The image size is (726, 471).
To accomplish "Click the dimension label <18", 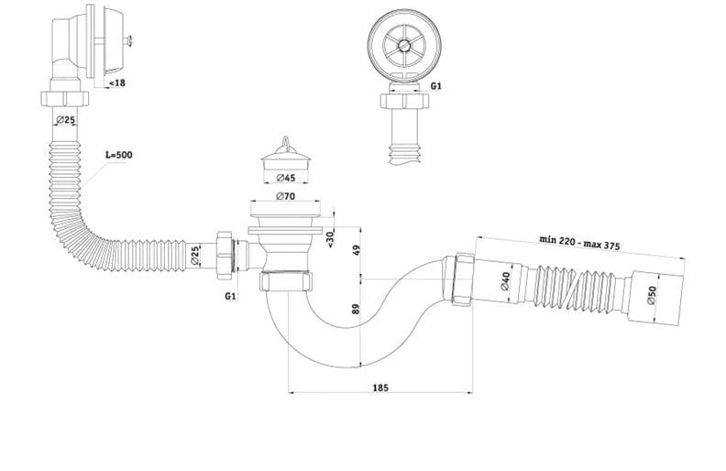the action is (x=116, y=83).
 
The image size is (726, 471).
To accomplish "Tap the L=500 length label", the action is (x=118, y=155).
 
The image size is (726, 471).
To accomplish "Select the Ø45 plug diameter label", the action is (x=286, y=178).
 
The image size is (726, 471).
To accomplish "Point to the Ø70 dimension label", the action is (x=285, y=196).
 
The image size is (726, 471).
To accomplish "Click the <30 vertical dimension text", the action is (x=330, y=239).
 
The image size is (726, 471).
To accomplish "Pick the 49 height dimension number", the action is (x=356, y=250).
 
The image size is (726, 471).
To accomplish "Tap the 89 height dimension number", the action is (x=356, y=309).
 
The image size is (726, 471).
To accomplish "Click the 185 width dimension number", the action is (x=380, y=388).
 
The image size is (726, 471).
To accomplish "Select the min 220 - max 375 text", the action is (x=579, y=242).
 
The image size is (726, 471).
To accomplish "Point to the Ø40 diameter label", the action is (x=505, y=281).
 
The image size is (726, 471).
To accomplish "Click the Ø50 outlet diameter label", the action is (x=652, y=295).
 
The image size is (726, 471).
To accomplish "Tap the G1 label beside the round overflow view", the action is (x=436, y=86).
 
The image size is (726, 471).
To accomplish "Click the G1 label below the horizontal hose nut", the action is (x=231, y=296).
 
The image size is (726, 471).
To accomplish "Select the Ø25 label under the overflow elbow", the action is (x=65, y=120).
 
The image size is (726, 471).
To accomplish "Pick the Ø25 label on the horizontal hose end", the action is (x=195, y=256).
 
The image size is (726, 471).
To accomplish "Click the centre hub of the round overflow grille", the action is (x=404, y=46).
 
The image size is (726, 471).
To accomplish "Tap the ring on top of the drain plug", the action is (x=286, y=140).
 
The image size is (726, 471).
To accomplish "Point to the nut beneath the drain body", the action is (x=286, y=281).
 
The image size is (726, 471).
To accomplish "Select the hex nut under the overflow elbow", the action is (x=65, y=98).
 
